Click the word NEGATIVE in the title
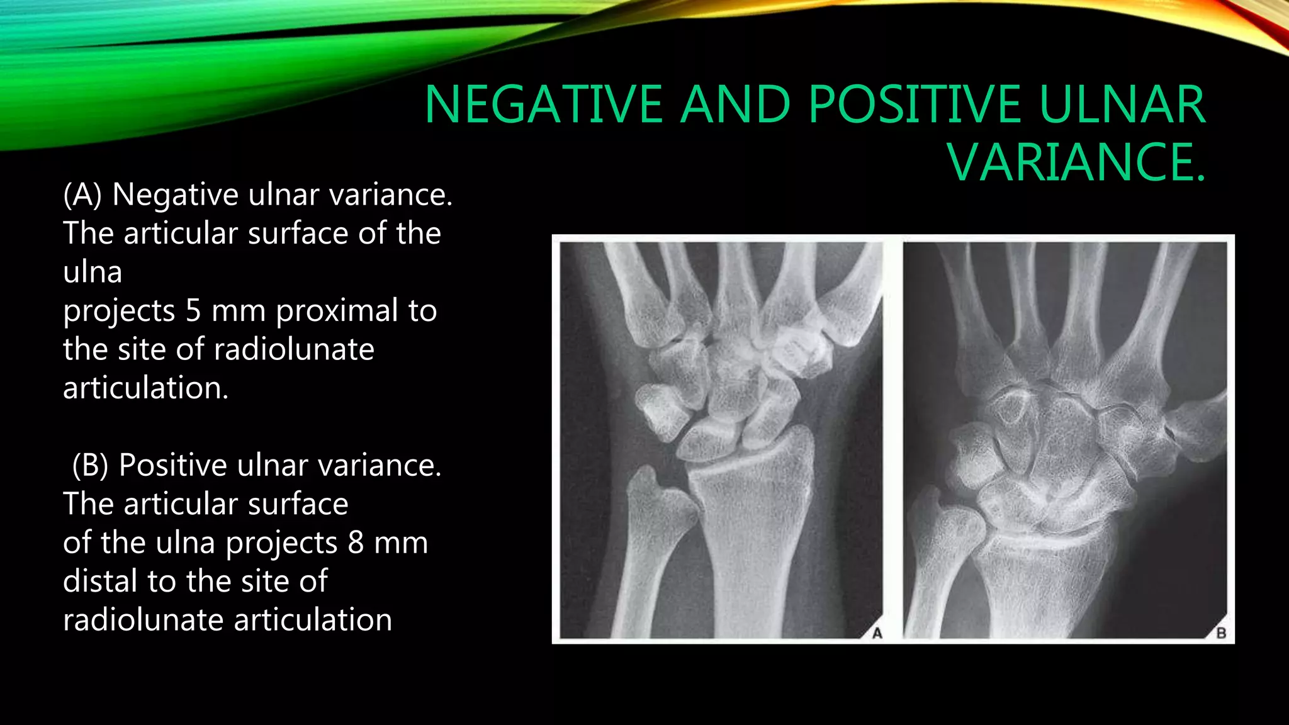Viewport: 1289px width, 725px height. click(544, 104)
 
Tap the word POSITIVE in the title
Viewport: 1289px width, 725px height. click(915, 104)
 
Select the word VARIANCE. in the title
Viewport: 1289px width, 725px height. click(1078, 162)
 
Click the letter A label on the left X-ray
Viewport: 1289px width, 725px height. click(877, 633)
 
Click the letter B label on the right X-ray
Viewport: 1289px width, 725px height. click(1220, 633)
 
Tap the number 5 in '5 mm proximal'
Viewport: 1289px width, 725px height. click(193, 311)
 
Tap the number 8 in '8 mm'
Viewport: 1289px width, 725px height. click(356, 542)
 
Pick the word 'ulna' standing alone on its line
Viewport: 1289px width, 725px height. click(93, 272)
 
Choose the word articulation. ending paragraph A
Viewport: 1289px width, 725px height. click(146, 388)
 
